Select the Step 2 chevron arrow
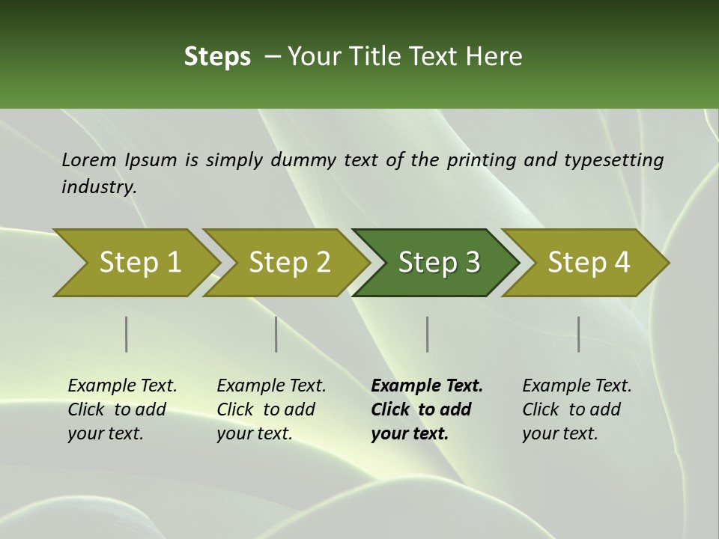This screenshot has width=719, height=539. (288, 263)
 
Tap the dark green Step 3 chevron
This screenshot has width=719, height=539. (438, 263)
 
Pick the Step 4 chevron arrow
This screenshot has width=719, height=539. (588, 263)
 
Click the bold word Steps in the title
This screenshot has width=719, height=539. (217, 56)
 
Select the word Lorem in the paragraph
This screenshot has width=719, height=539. (89, 159)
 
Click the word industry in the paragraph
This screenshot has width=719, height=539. (98, 186)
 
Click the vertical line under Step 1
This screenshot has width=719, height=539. (127, 334)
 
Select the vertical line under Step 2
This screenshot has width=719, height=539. (276, 334)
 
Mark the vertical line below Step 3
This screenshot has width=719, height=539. (427, 334)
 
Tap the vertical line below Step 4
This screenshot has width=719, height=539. (578, 334)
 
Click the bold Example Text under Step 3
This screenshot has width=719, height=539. (427, 386)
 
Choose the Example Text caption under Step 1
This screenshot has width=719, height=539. (122, 386)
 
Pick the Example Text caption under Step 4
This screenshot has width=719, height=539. (577, 386)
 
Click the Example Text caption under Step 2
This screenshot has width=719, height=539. (271, 386)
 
